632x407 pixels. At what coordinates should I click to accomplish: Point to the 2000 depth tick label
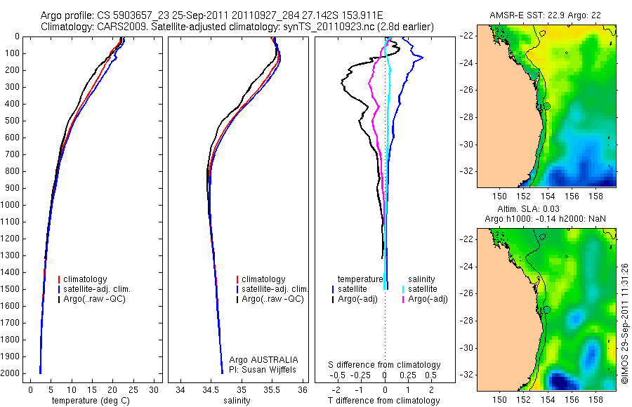13,373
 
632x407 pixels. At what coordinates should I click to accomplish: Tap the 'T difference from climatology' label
385,401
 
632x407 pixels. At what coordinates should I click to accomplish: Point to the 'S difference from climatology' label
385,365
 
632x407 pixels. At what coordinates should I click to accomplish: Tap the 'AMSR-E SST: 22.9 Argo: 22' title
546,15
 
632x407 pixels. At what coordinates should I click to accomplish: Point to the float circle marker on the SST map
546,106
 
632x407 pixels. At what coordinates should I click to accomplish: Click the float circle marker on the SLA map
546,309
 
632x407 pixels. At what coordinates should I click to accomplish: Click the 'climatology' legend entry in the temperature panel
96,280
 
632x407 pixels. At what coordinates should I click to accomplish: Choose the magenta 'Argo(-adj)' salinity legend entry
428,300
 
